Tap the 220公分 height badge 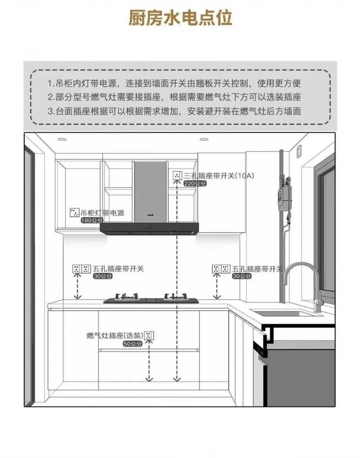(x=193, y=184)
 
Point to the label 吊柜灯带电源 (x=102, y=213)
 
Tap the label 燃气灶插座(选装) (x=115, y=336)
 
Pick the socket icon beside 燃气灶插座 (x=149, y=336)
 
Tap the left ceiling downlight (x=62, y=139)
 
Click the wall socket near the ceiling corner (x=299, y=152)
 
